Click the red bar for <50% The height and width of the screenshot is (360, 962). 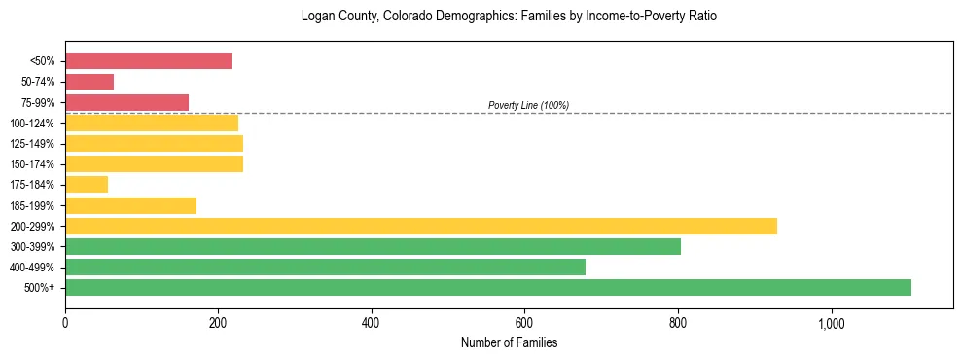[148, 61]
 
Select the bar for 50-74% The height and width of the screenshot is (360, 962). [89, 82]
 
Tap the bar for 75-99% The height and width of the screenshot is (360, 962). [126, 102]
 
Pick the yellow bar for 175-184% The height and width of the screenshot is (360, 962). [87, 185]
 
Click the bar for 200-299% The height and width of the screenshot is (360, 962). [420, 226]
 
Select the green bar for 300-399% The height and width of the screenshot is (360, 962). [373, 246]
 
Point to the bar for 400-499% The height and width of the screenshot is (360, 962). [325, 267]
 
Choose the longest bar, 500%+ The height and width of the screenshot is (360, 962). [487, 287]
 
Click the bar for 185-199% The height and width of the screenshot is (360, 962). [130, 205]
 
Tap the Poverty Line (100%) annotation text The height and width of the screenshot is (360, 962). [528, 105]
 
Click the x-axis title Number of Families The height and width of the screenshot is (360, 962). [509, 343]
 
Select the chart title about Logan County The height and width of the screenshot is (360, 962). [509, 17]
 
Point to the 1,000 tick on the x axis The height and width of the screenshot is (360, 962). [832, 322]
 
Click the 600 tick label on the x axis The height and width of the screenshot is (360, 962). [524, 322]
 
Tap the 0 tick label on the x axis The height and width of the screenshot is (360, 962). [65, 322]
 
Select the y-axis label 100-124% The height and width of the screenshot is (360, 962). [32, 124]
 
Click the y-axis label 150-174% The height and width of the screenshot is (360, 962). [32, 164]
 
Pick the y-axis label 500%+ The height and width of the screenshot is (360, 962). [39, 288]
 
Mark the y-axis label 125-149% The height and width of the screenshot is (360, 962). [32, 144]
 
